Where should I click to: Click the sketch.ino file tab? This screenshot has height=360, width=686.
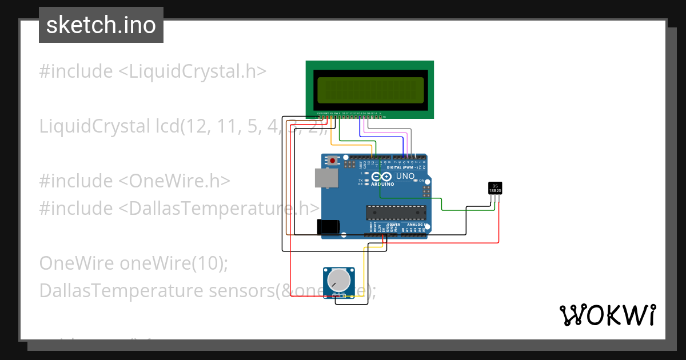pos(101,25)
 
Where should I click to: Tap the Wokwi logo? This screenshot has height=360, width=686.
pos(607,315)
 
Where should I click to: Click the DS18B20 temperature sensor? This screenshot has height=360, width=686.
pos(495,188)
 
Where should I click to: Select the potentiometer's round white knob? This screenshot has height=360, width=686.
pos(338,280)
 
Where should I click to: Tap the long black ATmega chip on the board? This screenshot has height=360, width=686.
pos(396,213)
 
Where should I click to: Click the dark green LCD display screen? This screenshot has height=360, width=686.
pos(370,90)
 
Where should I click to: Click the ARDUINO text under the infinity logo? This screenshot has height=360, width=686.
pos(382,185)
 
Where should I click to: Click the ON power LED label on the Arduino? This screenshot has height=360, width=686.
pos(426,181)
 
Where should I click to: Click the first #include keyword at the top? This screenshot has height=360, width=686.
pos(76,71)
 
